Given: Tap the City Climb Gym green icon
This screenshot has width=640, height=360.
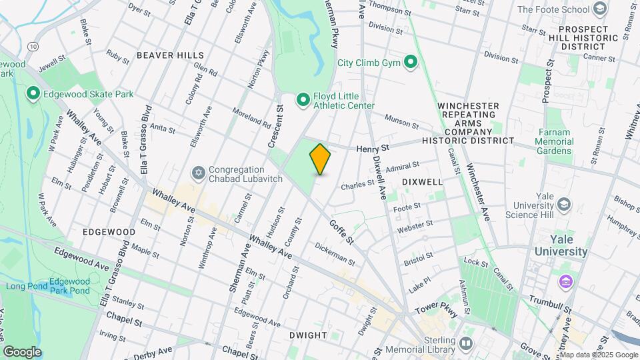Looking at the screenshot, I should click(411, 63).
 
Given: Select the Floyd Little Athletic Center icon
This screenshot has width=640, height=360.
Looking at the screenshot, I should click(303, 100).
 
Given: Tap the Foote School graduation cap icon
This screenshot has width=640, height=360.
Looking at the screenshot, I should click(601, 9).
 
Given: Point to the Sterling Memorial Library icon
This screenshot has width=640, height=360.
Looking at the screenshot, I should click(465, 345).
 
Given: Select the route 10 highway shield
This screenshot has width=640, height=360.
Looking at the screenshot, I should click(33, 46).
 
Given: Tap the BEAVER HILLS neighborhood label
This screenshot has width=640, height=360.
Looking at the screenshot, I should click(165, 55).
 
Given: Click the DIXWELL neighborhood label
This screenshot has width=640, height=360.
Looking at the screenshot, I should click(422, 181).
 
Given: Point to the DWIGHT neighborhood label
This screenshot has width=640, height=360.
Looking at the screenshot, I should click(308, 335).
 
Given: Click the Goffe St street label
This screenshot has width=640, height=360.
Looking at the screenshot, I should click(341, 231).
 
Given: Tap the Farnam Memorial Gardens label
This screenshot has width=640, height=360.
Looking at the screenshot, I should click(554, 141).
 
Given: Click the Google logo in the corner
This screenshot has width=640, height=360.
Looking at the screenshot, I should click(22, 352).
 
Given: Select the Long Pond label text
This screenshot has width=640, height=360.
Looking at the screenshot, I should click(24, 286).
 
